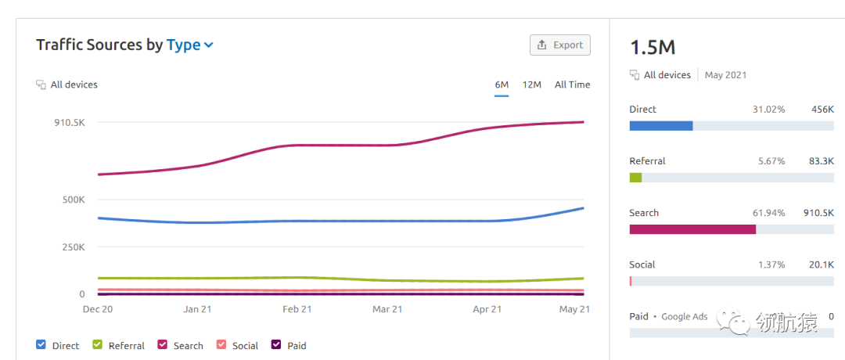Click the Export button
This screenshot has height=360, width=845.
coord(560,45)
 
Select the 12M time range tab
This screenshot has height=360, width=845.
coord(532,85)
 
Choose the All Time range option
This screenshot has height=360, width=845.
coord(572,85)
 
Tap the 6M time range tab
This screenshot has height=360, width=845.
coord(502,85)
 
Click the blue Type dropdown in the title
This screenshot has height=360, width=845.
coord(189,45)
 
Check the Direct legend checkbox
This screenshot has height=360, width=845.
coord(41,344)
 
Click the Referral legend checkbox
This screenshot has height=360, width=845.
coord(98,344)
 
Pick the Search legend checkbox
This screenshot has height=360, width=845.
coord(163,344)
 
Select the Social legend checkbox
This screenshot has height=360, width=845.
coord(221,344)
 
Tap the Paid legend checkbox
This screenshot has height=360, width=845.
coord(276,344)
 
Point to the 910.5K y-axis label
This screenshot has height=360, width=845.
coord(69,123)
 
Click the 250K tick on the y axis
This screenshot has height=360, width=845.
coord(74,247)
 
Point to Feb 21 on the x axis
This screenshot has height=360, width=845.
coord(297,309)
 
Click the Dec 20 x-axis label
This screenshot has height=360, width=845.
coord(98,309)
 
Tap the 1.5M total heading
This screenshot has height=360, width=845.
coord(653,47)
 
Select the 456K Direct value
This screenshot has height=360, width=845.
coord(822,110)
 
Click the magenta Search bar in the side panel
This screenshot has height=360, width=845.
coord(692,229)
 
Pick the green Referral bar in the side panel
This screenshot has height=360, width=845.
coord(635,178)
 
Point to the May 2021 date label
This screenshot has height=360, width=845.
coord(725,75)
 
